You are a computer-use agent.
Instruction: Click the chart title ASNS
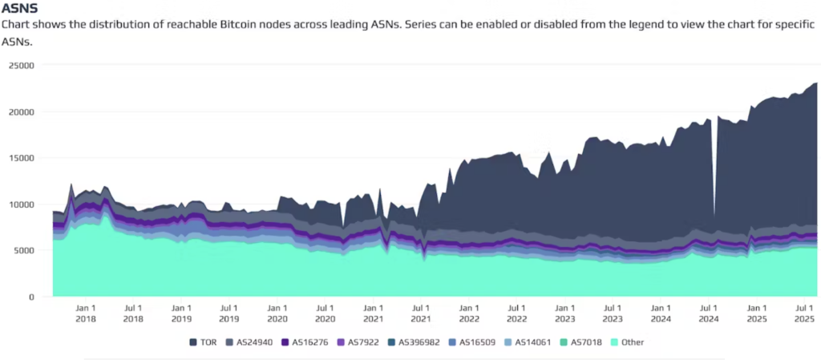[x=20, y=9]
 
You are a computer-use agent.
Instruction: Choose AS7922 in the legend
[x=358, y=342]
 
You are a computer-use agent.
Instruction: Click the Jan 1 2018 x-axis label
[x=86, y=313]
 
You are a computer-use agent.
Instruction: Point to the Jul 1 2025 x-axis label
[x=804, y=313]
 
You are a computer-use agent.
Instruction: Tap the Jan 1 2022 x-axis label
[x=469, y=313]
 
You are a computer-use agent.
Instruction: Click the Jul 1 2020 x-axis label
[x=325, y=313]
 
